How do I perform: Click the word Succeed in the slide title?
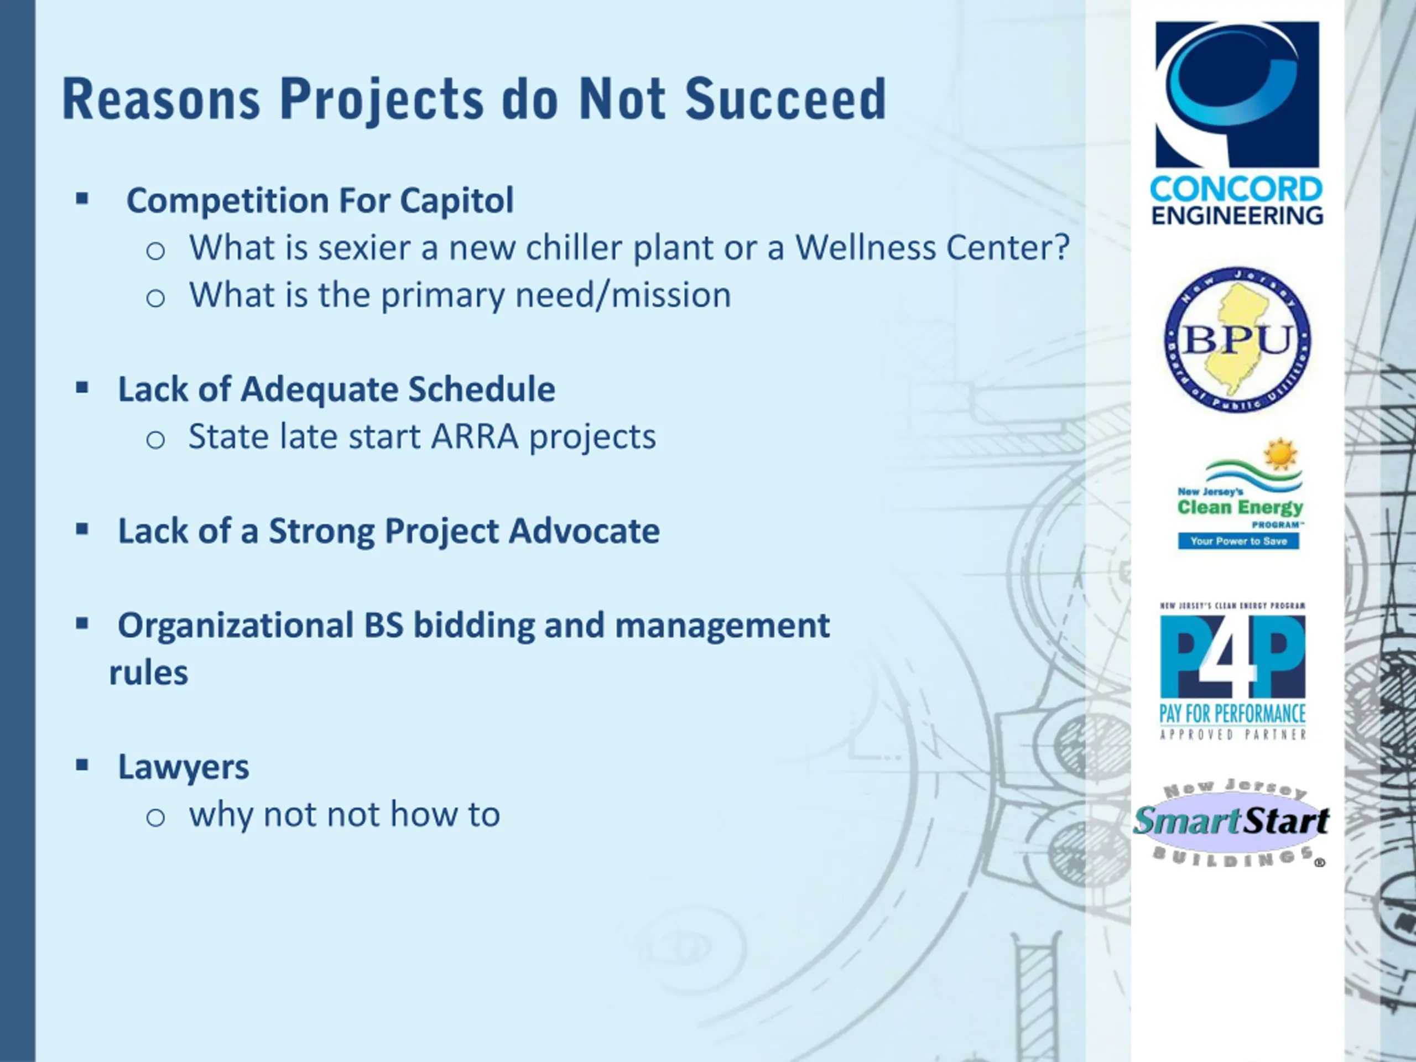coord(785,99)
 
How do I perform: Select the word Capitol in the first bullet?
coord(456,201)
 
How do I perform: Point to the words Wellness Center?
coord(932,248)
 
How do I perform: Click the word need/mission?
coord(623,295)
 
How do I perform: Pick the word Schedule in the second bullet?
coord(481,389)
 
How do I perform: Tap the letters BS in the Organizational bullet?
coord(384,626)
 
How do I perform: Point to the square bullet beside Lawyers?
coord(82,765)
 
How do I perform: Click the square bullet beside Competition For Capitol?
coord(82,199)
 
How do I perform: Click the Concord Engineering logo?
coord(1237,123)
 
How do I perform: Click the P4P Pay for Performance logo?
coord(1233,671)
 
